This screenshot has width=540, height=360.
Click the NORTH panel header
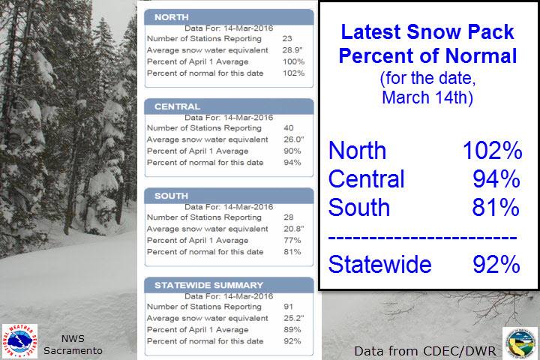(229, 17)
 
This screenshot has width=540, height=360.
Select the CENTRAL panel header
(229, 106)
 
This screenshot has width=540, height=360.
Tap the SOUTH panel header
(229, 196)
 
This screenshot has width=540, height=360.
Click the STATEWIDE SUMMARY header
(229, 285)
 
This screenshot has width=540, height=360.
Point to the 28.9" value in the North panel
(292, 50)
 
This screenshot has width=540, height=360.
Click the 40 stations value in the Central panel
(289, 127)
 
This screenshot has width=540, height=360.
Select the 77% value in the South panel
(292, 240)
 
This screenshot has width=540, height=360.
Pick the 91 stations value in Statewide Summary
(289, 307)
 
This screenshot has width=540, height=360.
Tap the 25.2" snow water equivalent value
(294, 318)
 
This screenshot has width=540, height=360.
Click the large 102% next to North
(493, 151)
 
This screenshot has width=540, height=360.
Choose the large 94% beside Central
(496, 179)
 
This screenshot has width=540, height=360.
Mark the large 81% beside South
(496, 208)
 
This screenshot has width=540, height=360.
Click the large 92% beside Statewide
(496, 264)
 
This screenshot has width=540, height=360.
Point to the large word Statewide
(379, 264)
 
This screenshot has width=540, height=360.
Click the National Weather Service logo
(19, 341)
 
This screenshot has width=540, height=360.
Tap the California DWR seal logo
(520, 343)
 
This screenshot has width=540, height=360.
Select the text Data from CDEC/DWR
(425, 351)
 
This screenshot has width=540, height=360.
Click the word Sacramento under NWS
(73, 351)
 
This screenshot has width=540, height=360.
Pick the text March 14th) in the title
(427, 97)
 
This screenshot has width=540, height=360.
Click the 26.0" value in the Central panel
(294, 139)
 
